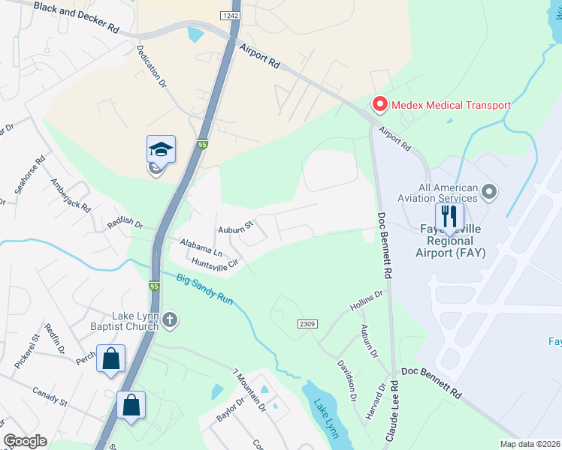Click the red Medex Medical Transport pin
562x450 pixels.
click(379, 105)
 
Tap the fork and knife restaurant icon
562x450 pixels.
click(449, 217)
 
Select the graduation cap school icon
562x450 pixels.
click(161, 148)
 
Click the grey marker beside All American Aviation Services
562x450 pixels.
click(490, 193)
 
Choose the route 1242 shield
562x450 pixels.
click(230, 16)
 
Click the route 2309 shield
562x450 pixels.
click(307, 323)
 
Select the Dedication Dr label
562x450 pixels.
click(150, 66)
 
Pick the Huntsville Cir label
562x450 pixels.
click(214, 263)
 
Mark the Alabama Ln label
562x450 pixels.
click(201, 247)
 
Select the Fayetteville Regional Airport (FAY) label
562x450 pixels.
click(450, 241)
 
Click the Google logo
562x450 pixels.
click(25, 441)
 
